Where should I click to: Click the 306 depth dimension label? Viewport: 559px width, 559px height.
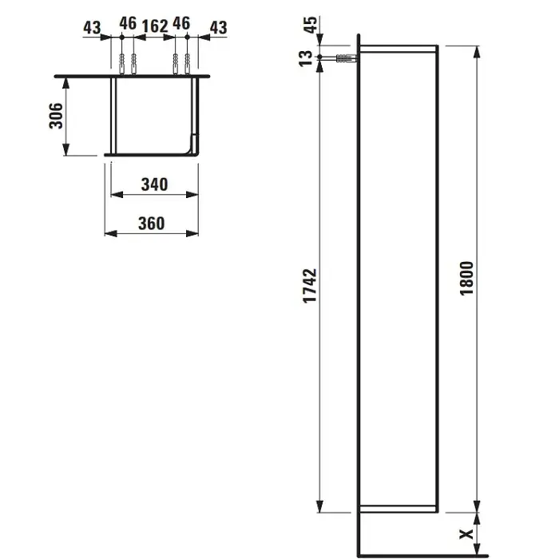[56, 116]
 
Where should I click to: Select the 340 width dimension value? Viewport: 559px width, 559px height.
[154, 184]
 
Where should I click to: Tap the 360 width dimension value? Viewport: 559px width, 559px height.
[152, 223]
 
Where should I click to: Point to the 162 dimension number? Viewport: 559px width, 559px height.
[155, 26]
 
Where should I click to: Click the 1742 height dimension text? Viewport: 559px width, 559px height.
[310, 286]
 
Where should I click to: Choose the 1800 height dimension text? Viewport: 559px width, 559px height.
[466, 279]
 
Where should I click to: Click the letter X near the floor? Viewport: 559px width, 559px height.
[466, 534]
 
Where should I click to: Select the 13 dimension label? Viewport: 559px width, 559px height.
[306, 58]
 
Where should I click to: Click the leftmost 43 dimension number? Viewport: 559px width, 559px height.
[92, 28]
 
